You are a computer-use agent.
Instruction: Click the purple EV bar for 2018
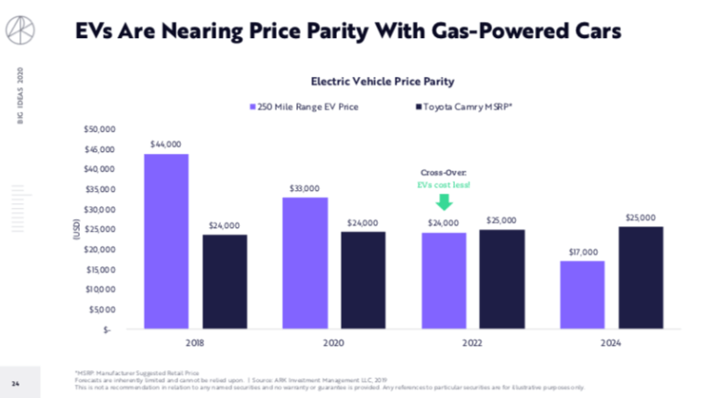(166, 241)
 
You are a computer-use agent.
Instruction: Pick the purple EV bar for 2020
(305, 263)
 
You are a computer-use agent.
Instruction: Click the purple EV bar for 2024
(582, 294)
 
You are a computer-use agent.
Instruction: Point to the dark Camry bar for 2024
(642, 277)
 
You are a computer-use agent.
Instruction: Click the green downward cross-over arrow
(444, 201)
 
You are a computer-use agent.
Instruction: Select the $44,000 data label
(166, 145)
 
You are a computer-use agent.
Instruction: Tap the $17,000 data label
(582, 252)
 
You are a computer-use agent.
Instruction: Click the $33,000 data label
(305, 188)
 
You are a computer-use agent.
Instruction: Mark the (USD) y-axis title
(77, 229)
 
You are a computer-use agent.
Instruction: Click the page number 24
(16, 382)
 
